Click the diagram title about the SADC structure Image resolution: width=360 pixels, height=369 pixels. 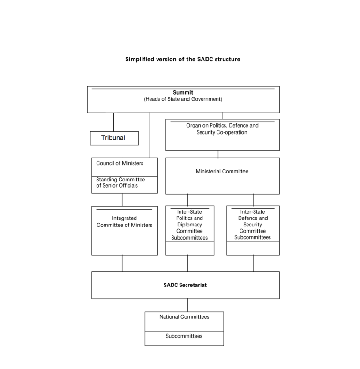point(182,60)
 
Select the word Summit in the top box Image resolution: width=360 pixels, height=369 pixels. point(183,92)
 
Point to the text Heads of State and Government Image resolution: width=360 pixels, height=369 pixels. point(183,99)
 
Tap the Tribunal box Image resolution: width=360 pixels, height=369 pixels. point(114,138)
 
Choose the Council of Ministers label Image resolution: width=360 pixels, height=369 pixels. point(120,163)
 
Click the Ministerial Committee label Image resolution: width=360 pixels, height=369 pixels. point(222,172)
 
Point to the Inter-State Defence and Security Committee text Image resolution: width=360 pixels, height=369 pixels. point(253,221)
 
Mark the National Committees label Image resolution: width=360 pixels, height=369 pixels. point(184,317)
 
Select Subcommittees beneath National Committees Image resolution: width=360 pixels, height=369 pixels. point(184,336)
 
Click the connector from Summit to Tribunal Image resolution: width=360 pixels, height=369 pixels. point(114,122)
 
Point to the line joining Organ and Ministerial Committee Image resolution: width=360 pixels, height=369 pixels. point(218,154)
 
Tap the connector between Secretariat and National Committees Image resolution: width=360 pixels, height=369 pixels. point(188,305)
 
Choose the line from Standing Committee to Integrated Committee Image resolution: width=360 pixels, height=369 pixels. point(122,200)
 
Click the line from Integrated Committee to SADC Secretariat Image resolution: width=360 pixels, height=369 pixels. point(122,263)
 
